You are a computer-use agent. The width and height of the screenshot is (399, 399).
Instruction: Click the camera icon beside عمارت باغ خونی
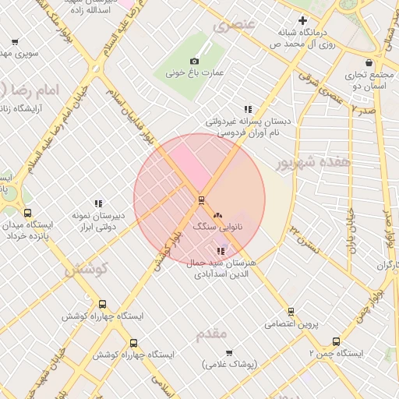pyautogui.click(x=194, y=61)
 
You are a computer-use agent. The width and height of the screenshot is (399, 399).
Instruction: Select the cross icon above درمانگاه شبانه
pyautogui.click(x=303, y=20)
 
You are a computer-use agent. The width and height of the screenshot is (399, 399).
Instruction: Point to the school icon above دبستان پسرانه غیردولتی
pyautogui.click(x=248, y=110)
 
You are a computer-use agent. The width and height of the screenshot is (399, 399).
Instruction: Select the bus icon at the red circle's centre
pyautogui.click(x=199, y=200)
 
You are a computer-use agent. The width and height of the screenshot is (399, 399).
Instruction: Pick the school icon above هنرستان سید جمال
pyautogui.click(x=221, y=251)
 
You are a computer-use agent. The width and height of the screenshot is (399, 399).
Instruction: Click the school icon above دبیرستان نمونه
pyautogui.click(x=98, y=203)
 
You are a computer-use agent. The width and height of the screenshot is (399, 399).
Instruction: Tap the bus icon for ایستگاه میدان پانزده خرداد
pyautogui.click(x=28, y=213)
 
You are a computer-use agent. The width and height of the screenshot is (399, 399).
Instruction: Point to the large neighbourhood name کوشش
pyautogui.click(x=86, y=270)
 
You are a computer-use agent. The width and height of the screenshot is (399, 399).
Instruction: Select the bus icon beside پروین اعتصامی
pyautogui.click(x=305, y=322)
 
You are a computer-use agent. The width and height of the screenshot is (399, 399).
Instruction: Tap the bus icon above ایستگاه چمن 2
pyautogui.click(x=336, y=341)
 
